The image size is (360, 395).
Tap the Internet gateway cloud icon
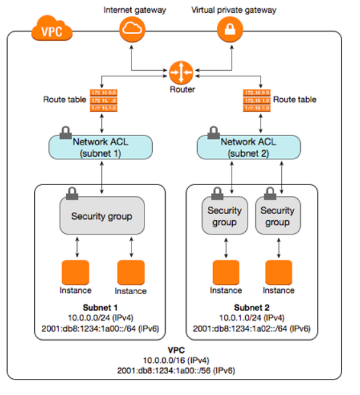click(132, 28)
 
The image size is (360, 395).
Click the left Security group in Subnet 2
click(225, 216)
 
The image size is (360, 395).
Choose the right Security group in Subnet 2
click(277, 216)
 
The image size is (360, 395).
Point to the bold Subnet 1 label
click(101, 307)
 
